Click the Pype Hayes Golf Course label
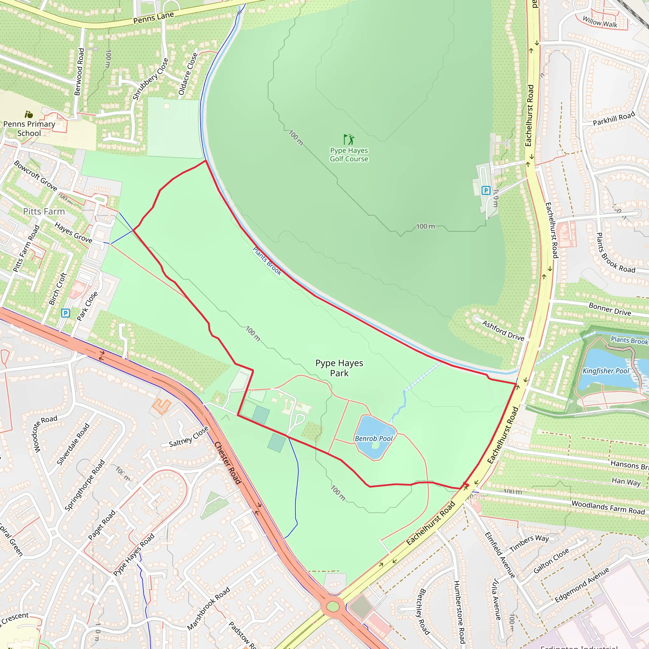349,155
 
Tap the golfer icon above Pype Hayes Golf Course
349,139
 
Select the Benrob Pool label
374,438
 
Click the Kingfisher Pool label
605,371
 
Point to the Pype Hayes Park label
339,368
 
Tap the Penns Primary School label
29,129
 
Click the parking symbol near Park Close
66,313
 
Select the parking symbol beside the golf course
486,190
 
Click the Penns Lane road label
153,17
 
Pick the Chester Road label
228,463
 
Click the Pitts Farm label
44,211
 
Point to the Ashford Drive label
503,330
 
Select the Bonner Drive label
610,309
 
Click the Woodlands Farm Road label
608,508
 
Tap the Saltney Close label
189,437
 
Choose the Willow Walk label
600,22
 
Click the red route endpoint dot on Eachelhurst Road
466,485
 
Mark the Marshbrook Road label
208,608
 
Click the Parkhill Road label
614,118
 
